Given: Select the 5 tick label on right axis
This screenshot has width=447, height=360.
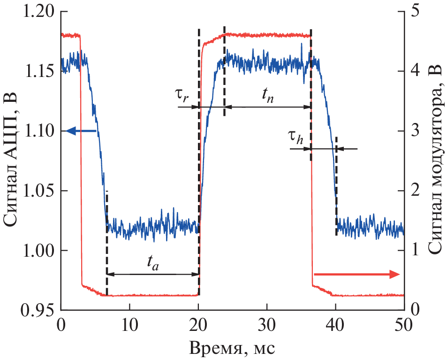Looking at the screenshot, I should (x=415, y=11).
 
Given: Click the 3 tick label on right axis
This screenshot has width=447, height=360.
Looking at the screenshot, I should (x=415, y=130).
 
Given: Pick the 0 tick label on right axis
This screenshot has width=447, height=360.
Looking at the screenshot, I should (x=415, y=310).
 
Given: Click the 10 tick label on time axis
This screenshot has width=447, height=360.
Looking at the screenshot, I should (x=129, y=325).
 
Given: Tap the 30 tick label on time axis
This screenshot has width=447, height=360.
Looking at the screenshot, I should (x=267, y=325).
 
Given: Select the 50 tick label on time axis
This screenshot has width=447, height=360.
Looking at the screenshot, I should (x=404, y=325).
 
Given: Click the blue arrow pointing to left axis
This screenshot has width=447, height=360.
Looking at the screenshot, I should (x=81, y=131).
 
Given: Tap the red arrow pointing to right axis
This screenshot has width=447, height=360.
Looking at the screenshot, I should (x=356, y=275).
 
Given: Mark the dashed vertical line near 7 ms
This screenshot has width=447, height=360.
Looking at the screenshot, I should (x=107, y=244).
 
